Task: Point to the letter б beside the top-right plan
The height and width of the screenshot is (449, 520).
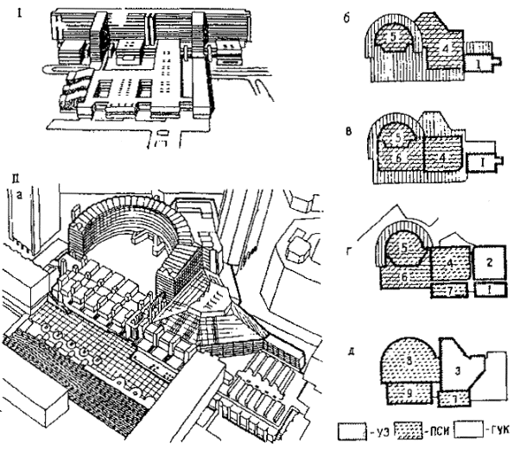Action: click(x=346, y=17)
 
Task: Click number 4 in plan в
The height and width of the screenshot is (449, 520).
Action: click(x=440, y=160)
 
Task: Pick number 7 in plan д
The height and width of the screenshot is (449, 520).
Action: click(x=453, y=398)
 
